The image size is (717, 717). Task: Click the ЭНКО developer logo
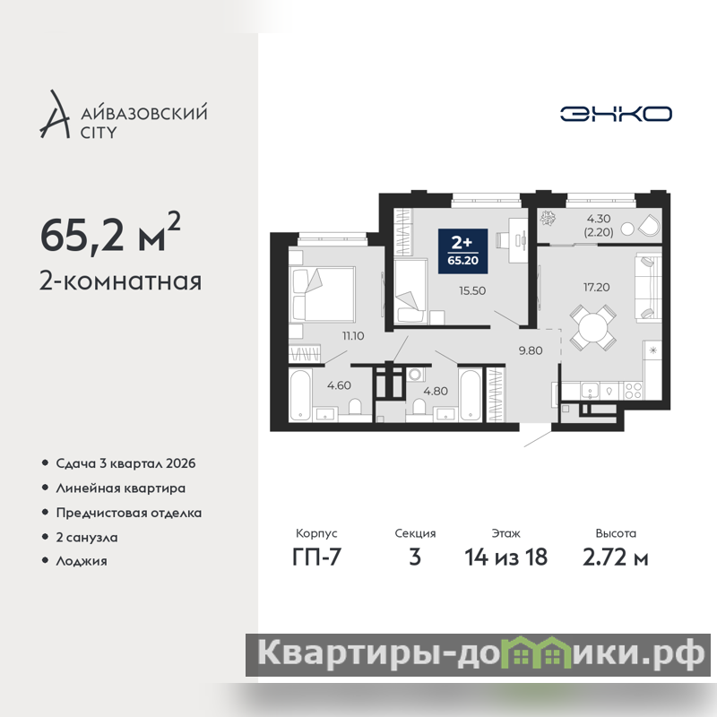616,114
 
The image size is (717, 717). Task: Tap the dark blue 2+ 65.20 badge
462,251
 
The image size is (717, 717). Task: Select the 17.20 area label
596,287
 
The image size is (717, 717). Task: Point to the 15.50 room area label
472,290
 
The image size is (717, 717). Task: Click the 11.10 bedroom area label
353,335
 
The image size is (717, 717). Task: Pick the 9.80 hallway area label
531,350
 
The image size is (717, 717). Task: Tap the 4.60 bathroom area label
339,385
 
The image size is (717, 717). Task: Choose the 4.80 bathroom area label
436,391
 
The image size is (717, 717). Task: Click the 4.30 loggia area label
599,219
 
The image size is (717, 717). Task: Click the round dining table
592,328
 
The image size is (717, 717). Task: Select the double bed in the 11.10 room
322,294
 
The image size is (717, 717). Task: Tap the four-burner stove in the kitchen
634,391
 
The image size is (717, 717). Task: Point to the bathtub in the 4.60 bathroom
300,395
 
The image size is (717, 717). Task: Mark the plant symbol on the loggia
548,218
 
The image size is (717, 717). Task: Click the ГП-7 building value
316,557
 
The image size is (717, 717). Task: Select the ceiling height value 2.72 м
616,557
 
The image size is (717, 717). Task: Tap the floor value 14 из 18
505,557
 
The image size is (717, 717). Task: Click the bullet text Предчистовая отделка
128,513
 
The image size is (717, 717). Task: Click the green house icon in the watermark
537,652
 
